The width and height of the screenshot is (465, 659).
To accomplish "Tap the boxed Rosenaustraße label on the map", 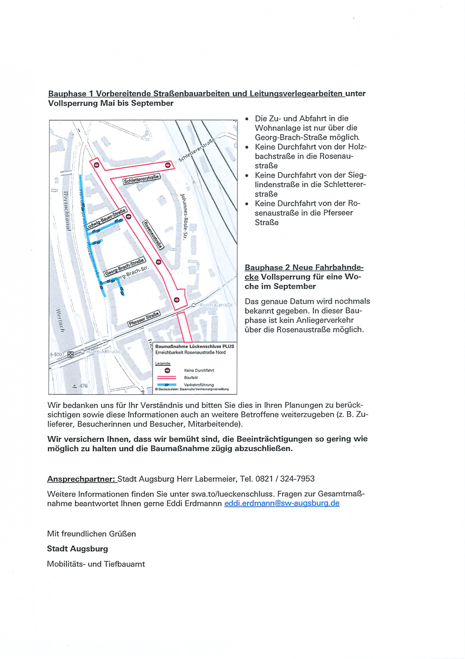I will [x=153, y=235].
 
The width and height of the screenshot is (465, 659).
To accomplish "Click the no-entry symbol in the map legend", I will [x=167, y=370].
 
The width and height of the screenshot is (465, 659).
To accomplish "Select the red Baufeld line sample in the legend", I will [x=167, y=378].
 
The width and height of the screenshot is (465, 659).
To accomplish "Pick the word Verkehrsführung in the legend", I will [x=199, y=385].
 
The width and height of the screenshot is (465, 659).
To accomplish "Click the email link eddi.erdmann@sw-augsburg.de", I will [x=282, y=503].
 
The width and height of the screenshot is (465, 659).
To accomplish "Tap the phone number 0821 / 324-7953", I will [x=285, y=479].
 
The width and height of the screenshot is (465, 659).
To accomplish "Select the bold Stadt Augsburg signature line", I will [x=77, y=549].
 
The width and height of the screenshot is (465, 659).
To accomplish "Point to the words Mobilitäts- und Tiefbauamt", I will [x=96, y=564].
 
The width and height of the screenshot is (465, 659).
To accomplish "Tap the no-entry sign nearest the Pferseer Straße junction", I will [x=177, y=300].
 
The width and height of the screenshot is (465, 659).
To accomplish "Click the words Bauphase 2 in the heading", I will [x=267, y=267].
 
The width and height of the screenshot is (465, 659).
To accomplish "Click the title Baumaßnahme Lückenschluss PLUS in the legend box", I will [x=195, y=346].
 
